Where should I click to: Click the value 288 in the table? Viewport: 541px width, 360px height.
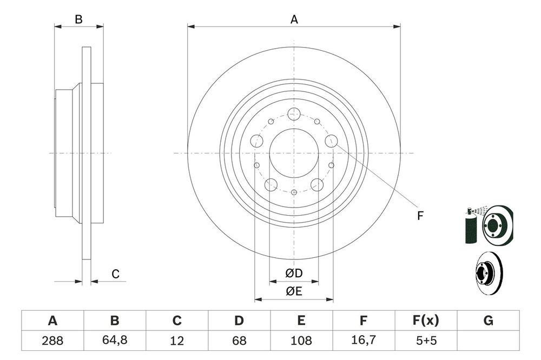[x=52, y=341]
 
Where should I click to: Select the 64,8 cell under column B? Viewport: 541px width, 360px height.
[x=114, y=341]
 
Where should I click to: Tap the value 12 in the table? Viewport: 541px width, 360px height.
[x=176, y=341]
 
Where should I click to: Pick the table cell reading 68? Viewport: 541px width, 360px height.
[x=239, y=341]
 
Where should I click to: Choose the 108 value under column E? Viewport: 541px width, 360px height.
[x=301, y=341]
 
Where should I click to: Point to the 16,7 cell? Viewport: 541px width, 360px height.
[x=364, y=341]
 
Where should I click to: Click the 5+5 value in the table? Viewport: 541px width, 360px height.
[x=425, y=341]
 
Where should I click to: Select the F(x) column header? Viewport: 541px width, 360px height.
[x=425, y=321]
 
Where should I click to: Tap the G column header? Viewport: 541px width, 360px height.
[x=488, y=321]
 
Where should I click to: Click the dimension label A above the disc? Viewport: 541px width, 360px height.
[x=294, y=19]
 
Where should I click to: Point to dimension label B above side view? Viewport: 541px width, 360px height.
[x=78, y=19]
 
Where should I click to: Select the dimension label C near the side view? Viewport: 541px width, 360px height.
[x=115, y=275]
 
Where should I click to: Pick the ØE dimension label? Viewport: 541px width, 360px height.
[x=294, y=292]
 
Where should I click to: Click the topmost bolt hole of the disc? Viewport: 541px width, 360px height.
[x=294, y=114]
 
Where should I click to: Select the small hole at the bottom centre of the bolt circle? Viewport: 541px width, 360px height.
[x=294, y=192]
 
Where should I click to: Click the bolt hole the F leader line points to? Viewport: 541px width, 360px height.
[x=331, y=142]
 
